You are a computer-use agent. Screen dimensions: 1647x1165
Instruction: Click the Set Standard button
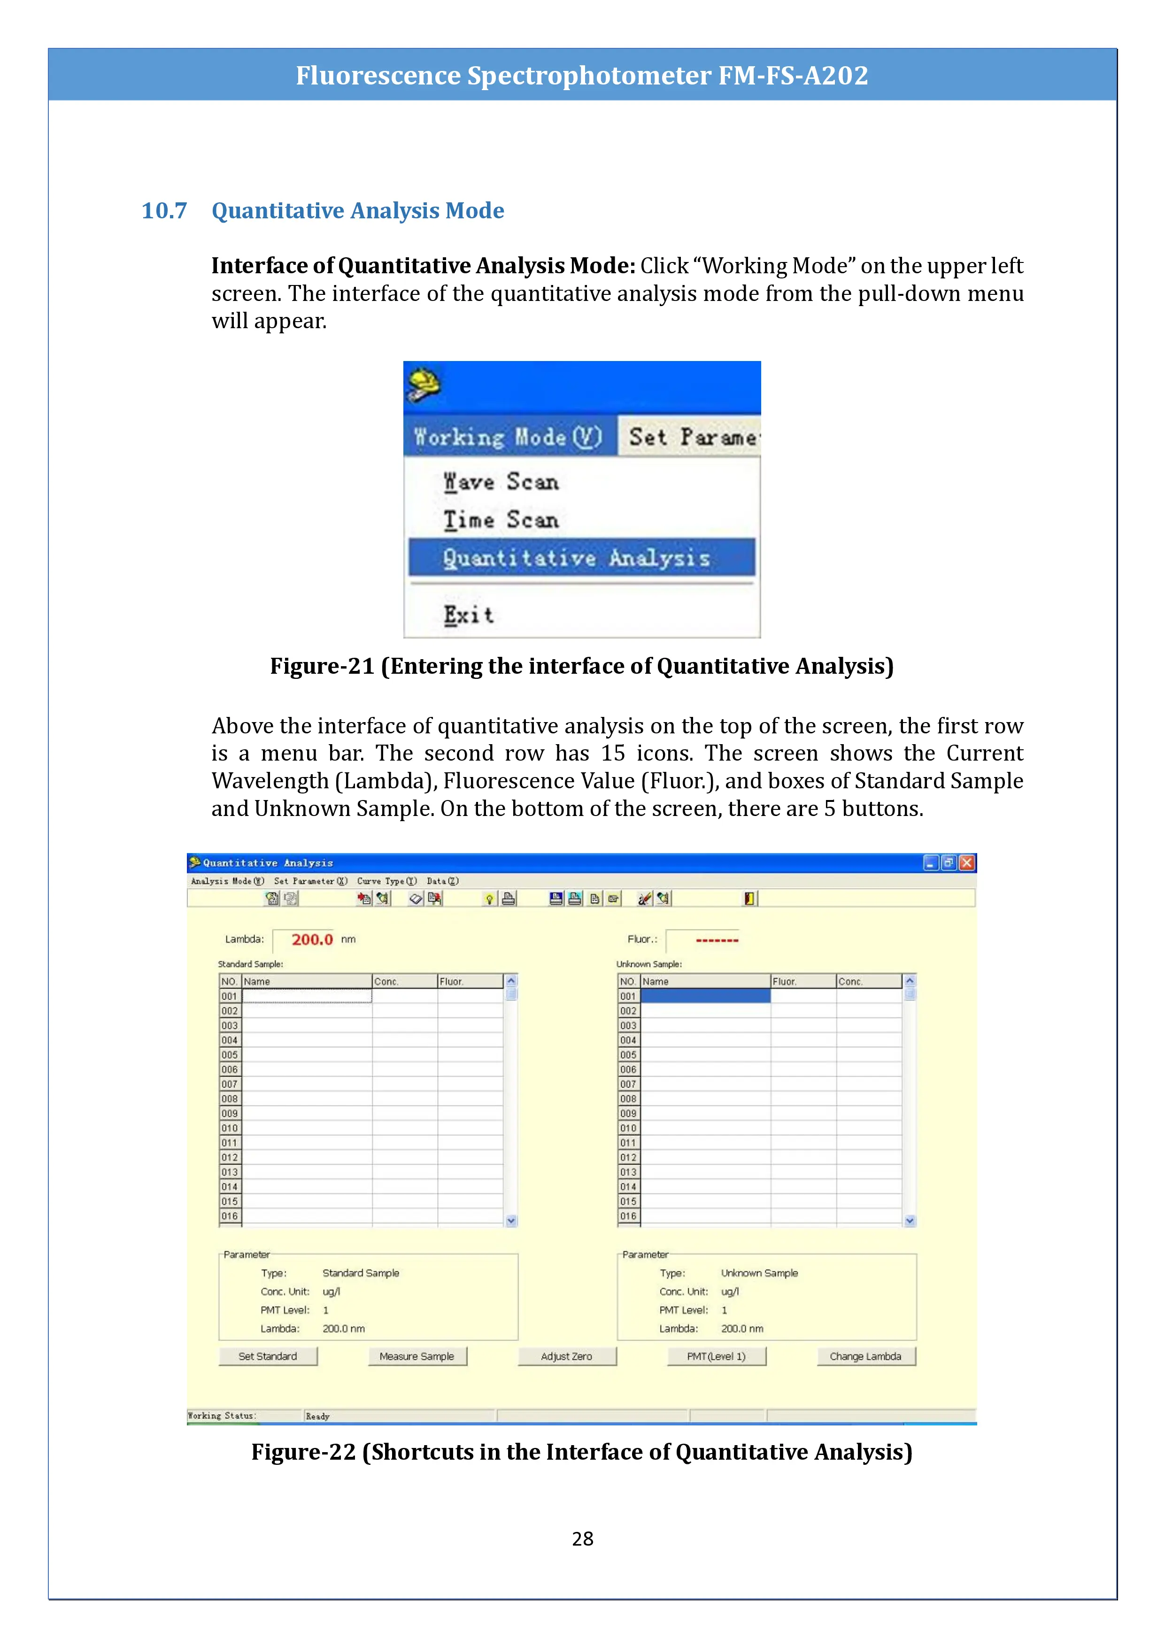click(268, 1356)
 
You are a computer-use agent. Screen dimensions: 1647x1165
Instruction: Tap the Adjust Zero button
click(567, 1356)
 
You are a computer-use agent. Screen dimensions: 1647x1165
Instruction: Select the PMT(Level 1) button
click(716, 1356)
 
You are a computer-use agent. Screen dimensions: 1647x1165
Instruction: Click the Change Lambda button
click(866, 1356)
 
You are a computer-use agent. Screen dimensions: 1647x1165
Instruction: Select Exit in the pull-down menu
click(469, 615)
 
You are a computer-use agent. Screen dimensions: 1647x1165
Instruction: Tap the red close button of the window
click(967, 862)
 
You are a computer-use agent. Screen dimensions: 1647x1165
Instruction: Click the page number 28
click(582, 1538)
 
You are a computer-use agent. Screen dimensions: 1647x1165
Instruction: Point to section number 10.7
click(164, 211)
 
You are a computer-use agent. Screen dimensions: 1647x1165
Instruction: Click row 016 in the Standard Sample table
click(230, 1216)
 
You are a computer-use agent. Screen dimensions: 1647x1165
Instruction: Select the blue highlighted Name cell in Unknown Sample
click(705, 996)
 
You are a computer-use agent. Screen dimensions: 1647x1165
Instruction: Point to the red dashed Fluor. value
click(717, 940)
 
